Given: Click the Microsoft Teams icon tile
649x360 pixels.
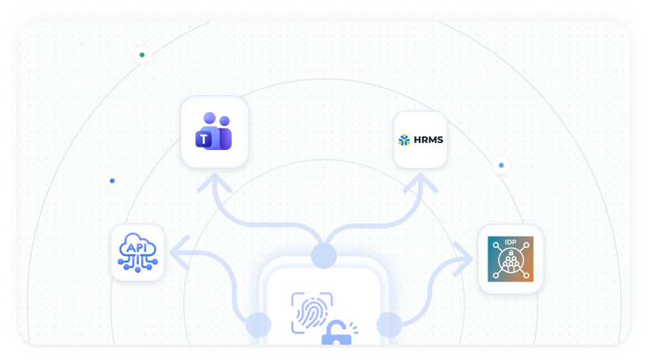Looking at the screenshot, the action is pos(215,132).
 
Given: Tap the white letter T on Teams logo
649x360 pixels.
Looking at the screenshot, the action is pos(203,140).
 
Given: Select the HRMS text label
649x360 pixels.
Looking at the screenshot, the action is pos(429,140).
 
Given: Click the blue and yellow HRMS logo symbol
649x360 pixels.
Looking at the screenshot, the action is pos(404,140).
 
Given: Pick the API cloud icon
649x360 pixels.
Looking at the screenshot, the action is pos(138,253).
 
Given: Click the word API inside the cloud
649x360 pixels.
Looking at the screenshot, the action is pos(136,248).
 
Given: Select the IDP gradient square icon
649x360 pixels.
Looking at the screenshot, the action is pos(510,259).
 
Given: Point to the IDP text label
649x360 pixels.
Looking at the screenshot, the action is pos(510,242).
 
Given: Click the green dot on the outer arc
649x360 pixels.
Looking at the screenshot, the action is pos(142,55).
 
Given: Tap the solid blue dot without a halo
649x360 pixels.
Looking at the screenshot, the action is pos(112,181).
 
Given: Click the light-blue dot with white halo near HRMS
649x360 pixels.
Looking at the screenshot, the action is pos(501,165).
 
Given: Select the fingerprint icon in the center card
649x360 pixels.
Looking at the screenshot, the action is pos(312,313).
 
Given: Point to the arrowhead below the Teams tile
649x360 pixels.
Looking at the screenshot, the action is pos(215,182).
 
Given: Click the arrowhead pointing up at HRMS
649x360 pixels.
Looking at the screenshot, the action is pos(421,182).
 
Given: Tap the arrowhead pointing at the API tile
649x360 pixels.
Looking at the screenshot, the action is pos(179,253).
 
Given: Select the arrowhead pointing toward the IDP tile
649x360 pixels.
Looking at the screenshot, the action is pos(464,259).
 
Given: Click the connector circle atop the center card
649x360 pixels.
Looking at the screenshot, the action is pos(324,256).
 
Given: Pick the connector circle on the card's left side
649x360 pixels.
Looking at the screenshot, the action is pos(258,324).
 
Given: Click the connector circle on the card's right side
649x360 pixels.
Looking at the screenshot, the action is pos(389,324).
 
